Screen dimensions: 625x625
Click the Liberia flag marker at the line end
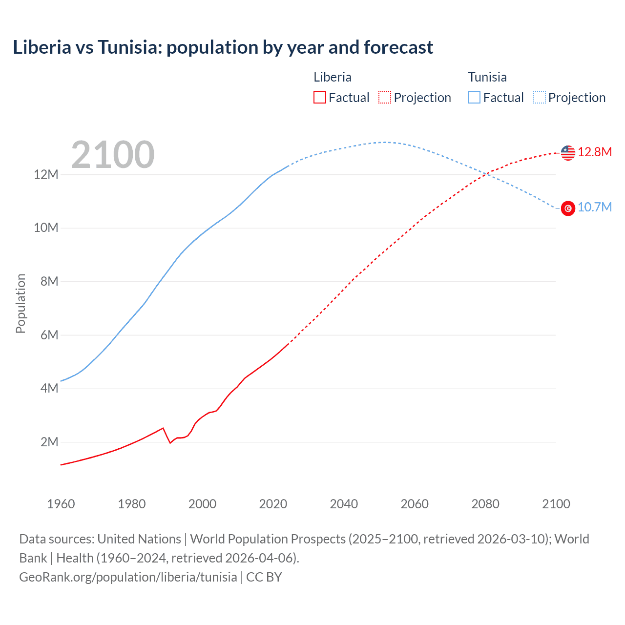568,153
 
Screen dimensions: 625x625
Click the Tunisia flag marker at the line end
568,208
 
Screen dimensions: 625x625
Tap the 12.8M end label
595,152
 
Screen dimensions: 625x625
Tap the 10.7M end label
595,207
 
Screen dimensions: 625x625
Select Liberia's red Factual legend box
319,97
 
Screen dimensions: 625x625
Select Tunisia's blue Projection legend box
540,97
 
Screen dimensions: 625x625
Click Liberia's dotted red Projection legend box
385,97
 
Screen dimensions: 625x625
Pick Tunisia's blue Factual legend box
474,97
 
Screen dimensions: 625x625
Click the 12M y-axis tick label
46,174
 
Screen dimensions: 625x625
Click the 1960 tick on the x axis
61,504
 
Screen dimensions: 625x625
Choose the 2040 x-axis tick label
344,504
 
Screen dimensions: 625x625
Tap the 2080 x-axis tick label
485,504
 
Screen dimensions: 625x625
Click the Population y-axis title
21,303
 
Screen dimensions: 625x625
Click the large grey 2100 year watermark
113,155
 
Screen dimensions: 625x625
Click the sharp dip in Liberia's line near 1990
170,442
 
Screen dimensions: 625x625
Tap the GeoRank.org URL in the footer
128,577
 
